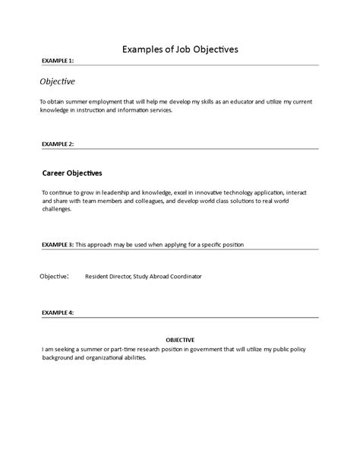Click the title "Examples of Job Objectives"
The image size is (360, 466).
tap(180, 49)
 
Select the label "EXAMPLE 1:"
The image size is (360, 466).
tap(58, 61)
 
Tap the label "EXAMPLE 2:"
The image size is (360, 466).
tap(58, 143)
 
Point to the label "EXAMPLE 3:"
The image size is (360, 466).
tap(58, 245)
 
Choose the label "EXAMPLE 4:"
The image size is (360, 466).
tap(58, 312)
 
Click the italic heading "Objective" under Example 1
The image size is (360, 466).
tap(57, 81)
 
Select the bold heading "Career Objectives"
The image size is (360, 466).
tap(71, 173)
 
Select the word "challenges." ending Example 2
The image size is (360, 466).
tap(57, 209)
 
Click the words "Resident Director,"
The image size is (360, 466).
tap(109, 277)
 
